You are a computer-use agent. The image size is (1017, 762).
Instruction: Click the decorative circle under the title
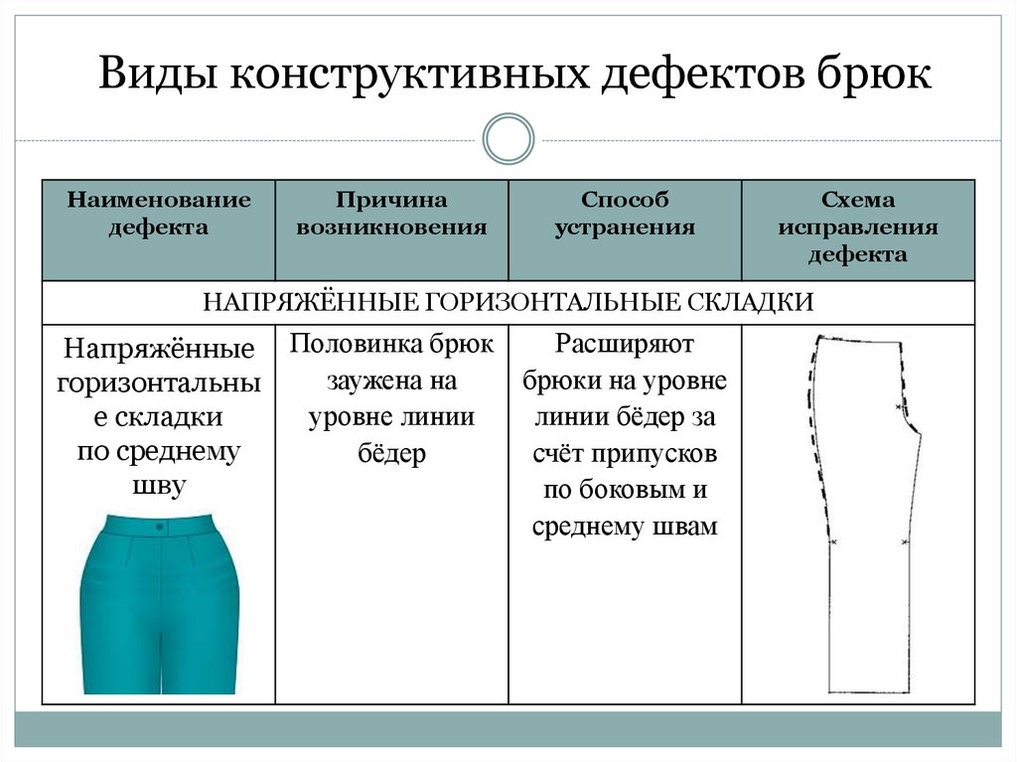[x=508, y=138]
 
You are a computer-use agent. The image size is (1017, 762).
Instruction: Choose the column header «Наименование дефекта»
[x=159, y=214]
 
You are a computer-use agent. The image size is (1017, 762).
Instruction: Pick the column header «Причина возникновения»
[x=391, y=214]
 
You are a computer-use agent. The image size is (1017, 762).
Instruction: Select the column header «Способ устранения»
[x=625, y=214]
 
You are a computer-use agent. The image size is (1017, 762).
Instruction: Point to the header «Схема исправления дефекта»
[x=858, y=228]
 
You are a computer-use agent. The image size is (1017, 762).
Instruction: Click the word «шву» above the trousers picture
[x=158, y=486]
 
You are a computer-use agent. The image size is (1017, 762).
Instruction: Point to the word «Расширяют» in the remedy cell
[x=625, y=345]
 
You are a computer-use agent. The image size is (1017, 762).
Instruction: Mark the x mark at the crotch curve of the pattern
[x=899, y=407]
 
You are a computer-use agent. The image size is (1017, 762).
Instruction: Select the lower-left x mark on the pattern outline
[x=833, y=541]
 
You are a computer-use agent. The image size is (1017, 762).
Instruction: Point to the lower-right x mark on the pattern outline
[x=906, y=541]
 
